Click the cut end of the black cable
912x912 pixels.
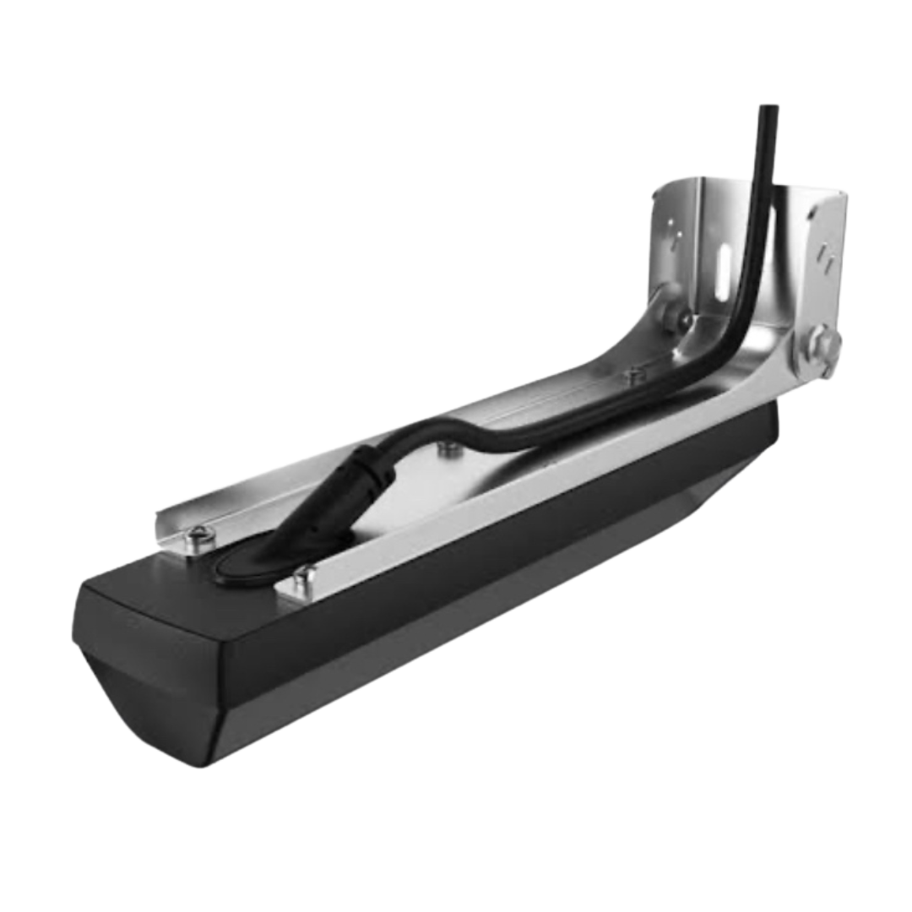click(x=768, y=108)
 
